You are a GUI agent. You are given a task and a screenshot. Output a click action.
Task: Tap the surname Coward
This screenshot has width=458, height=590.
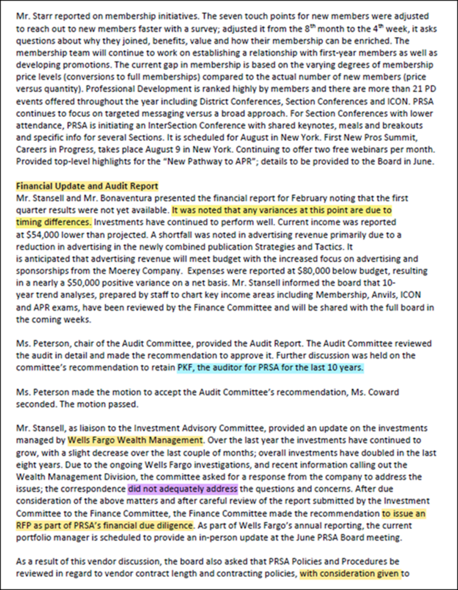380,392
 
